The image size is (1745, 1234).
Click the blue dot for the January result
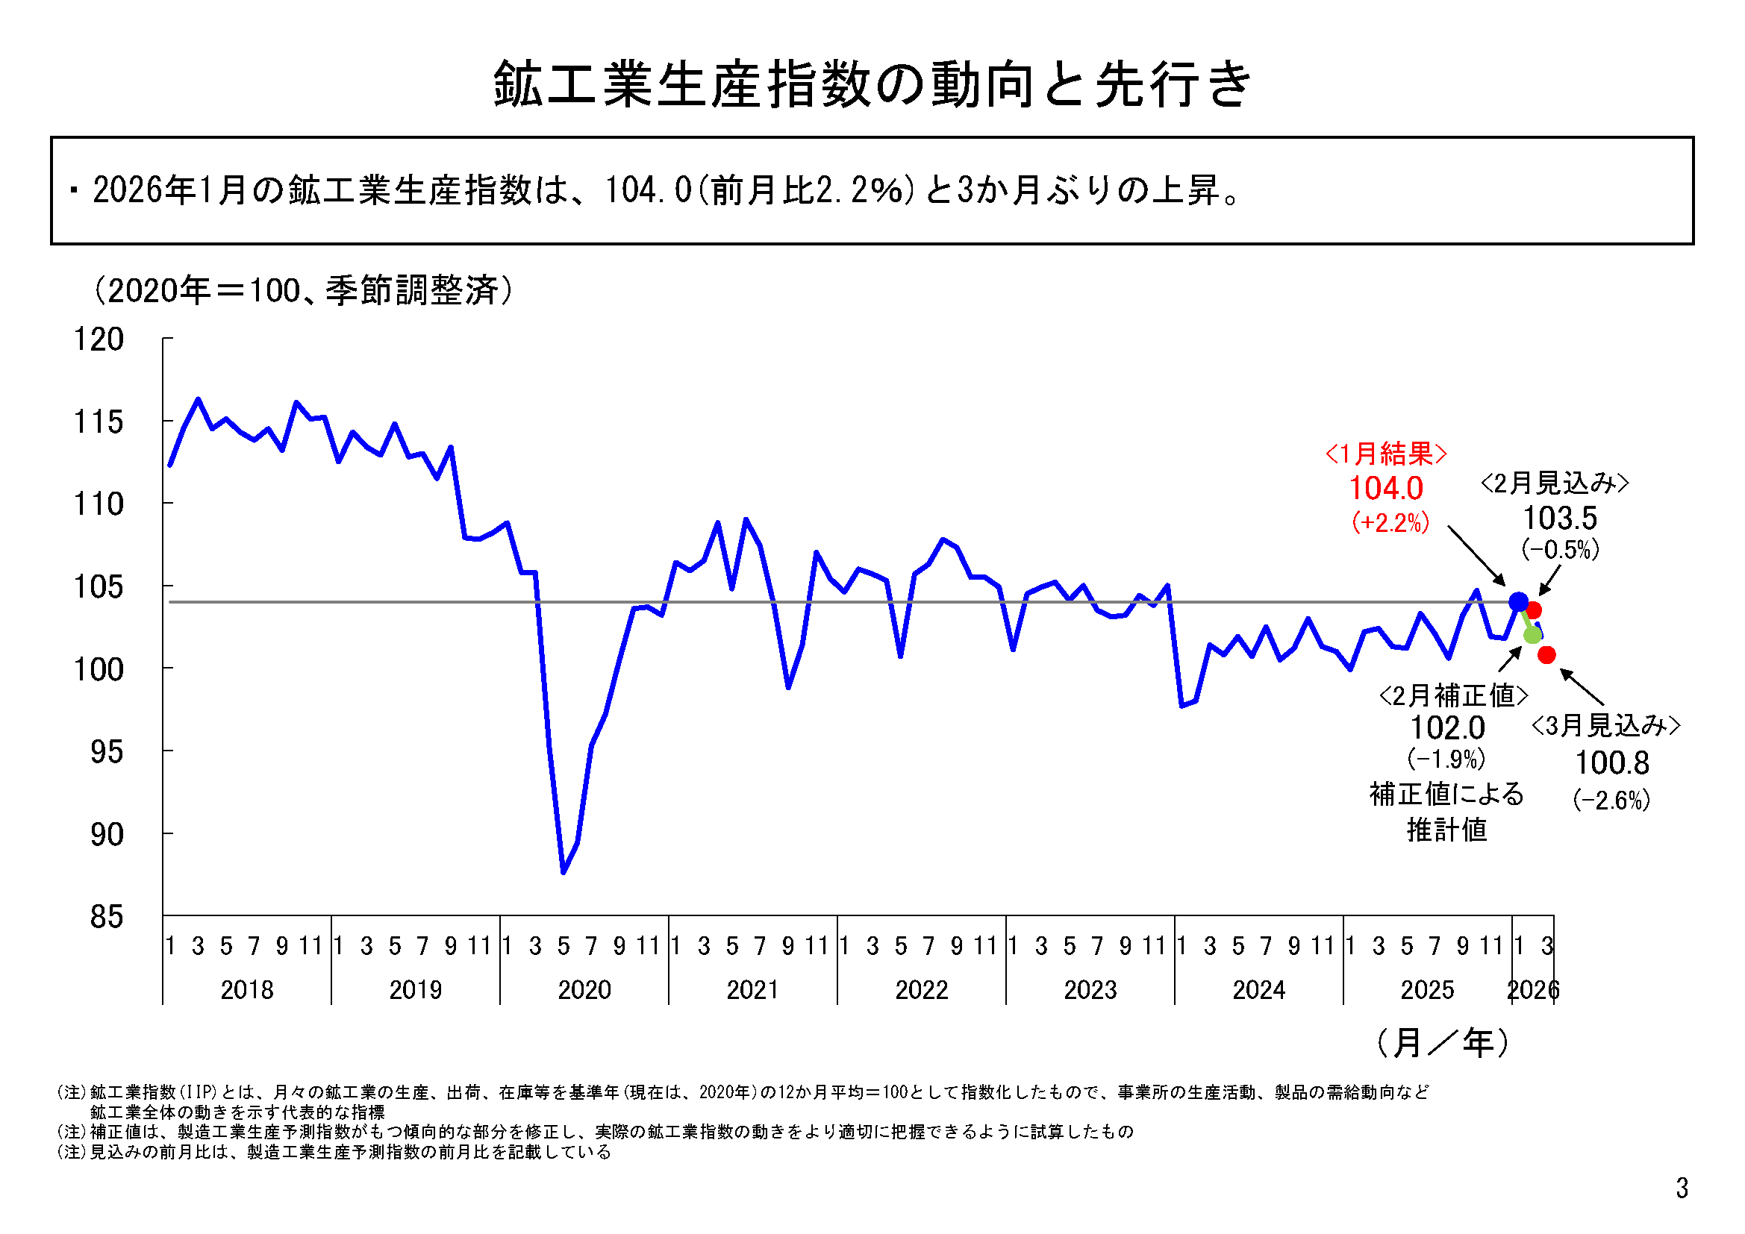tap(1518, 602)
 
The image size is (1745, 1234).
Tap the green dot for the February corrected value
tap(1532, 634)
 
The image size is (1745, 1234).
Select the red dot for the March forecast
tap(1546, 654)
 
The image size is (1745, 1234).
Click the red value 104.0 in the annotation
tap(1385, 489)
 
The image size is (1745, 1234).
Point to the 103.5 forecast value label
tap(1560, 519)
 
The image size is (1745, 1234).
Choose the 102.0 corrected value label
tap(1447, 728)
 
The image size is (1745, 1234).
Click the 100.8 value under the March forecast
tap(1611, 763)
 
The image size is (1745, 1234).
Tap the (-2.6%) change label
tap(1611, 799)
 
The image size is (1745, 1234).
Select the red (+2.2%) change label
tap(1390, 523)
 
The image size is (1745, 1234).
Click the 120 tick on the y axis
tap(99, 339)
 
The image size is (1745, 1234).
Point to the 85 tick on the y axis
tap(107, 917)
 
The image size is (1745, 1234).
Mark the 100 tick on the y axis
tap(99, 669)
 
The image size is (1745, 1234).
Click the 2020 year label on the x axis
tap(584, 989)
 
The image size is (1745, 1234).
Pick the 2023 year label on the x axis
tap(1090, 989)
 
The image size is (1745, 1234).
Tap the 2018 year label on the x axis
tap(246, 989)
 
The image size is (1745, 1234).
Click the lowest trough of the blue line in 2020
tap(564, 872)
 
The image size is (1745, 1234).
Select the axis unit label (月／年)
tap(1442, 1043)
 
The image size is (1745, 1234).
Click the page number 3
tap(1682, 1188)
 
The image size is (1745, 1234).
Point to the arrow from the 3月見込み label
tap(1582, 687)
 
